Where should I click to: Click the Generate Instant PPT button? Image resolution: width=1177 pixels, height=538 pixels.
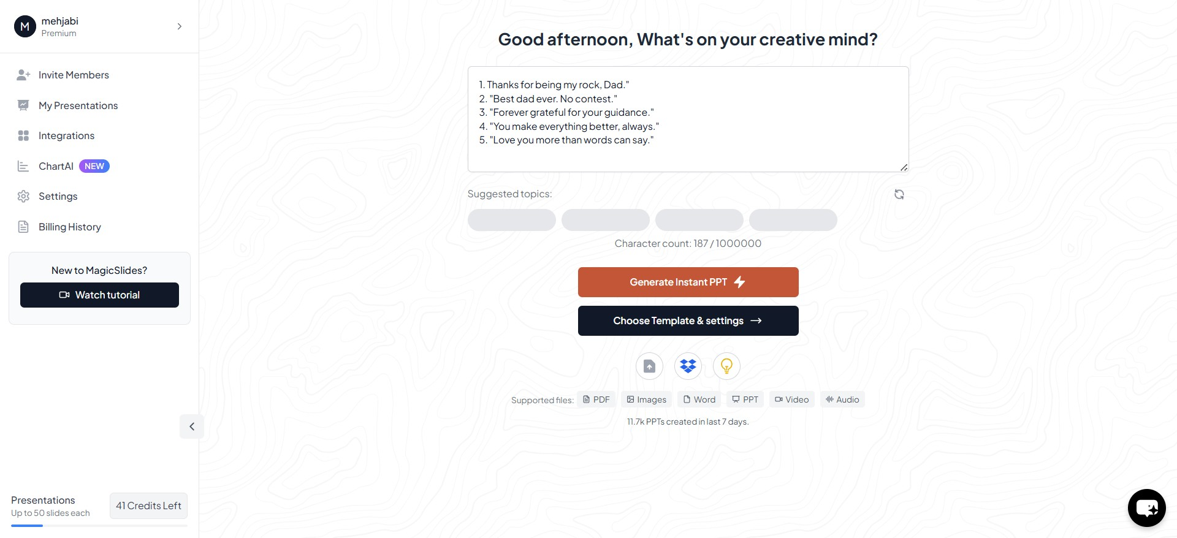(688, 282)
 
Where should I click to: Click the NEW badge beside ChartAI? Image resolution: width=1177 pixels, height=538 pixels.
(94, 166)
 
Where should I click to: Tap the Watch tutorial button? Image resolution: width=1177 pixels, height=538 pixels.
(99, 295)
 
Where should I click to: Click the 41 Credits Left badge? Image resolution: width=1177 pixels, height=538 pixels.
(148, 506)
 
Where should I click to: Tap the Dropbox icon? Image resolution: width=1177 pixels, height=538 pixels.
(688, 366)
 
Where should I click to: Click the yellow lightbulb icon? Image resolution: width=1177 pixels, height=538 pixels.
(726, 366)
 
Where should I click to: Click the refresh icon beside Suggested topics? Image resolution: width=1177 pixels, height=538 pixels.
(899, 194)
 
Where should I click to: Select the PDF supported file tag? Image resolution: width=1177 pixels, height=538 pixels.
(596, 400)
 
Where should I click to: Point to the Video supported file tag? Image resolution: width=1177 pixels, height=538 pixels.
(791, 400)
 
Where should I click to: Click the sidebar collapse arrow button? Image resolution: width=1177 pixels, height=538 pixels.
(192, 426)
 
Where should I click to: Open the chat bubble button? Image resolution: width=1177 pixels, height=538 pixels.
(1146, 507)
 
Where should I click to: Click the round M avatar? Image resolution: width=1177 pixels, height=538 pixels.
(25, 26)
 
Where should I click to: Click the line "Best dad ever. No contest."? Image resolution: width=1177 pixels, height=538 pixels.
(548, 99)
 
